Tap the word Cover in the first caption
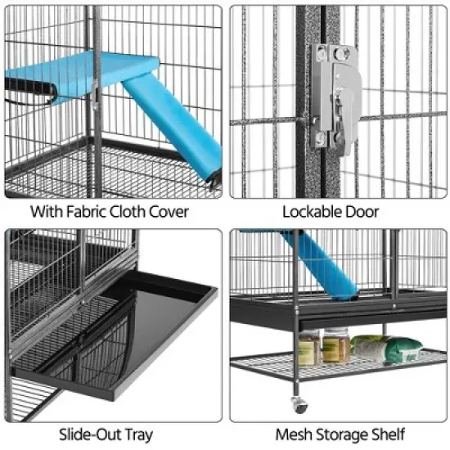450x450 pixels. pyautogui.click(x=165, y=212)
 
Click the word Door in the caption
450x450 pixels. pyautogui.click(x=362, y=212)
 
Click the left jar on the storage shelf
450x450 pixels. pyautogui.click(x=307, y=348)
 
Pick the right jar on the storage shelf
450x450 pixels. pyautogui.click(x=335, y=346)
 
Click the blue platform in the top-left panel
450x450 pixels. pyautogui.click(x=90, y=70)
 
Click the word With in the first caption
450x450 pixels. pyautogui.click(x=45, y=212)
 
